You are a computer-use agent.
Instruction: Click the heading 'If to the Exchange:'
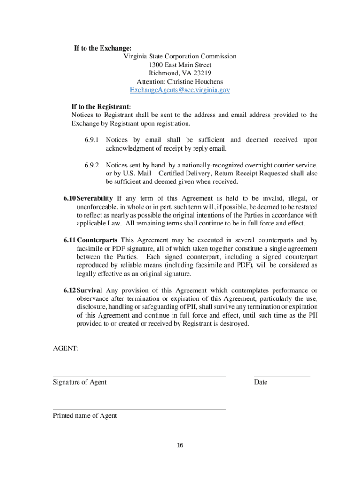(103, 48)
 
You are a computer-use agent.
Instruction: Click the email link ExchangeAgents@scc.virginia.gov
(180, 90)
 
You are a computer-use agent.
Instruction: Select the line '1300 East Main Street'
(180, 65)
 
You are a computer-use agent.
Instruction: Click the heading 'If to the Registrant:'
(101, 107)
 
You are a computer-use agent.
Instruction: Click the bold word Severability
(95, 198)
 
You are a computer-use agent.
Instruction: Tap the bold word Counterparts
(97, 240)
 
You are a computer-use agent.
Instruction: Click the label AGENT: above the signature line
(65, 348)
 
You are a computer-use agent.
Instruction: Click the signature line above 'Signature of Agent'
(139, 376)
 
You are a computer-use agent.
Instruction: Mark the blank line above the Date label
(282, 376)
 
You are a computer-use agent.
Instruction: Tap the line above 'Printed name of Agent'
(139, 410)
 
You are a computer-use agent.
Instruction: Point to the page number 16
(180, 445)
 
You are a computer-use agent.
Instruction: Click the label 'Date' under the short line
(260, 382)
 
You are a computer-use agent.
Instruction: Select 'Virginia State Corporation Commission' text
(180, 57)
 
